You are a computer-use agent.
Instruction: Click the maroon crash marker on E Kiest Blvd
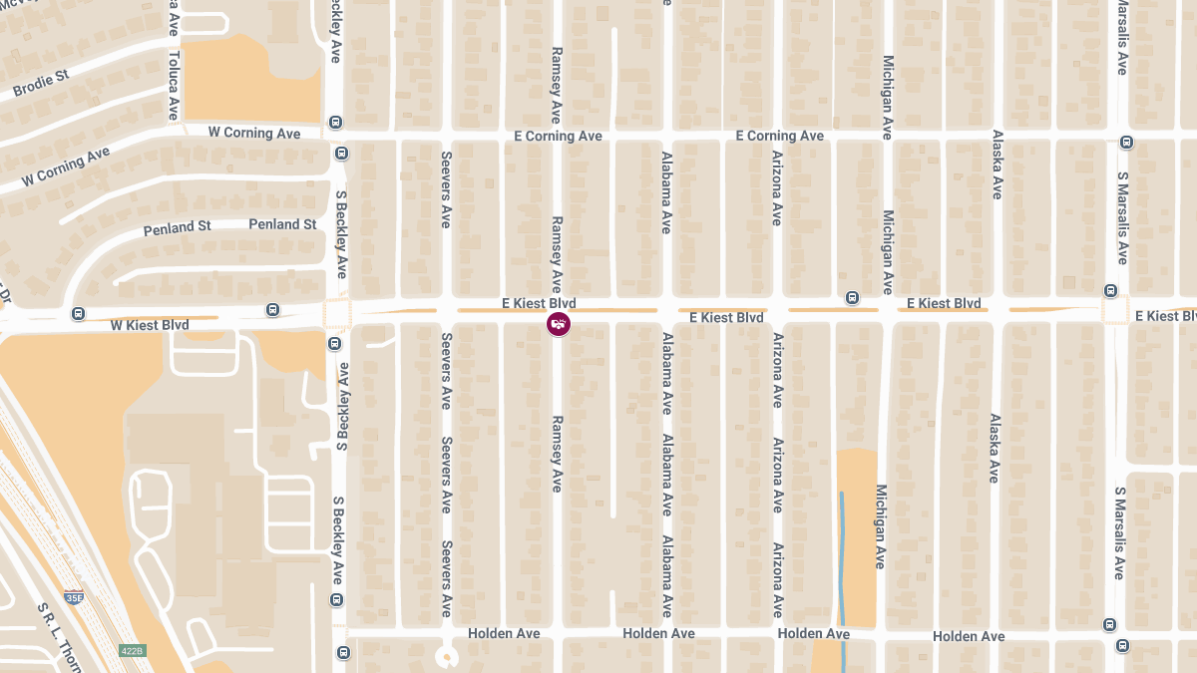559,324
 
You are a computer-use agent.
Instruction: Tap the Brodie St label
41,84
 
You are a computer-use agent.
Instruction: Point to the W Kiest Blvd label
150,325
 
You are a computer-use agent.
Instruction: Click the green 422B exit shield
133,650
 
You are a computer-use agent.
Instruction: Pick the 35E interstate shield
74,596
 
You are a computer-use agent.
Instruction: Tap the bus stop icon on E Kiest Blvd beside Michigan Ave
852,298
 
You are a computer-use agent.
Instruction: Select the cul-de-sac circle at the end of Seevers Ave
446,657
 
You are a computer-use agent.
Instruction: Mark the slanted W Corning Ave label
66,167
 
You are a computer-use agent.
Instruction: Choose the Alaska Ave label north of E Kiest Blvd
996,165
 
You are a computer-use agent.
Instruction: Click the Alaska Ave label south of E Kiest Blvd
994,449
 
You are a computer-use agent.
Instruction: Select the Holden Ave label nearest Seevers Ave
504,633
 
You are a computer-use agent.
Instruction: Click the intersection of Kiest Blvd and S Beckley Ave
336,315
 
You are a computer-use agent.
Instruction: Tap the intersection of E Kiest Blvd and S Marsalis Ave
1114,309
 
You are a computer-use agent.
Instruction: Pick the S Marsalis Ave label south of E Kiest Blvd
1119,532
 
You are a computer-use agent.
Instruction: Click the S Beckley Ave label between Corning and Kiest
341,239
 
